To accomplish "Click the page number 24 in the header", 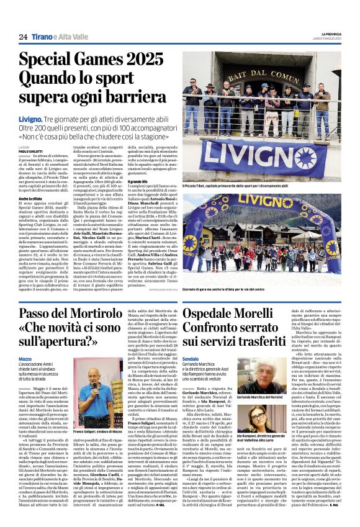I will tap(23, 37).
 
